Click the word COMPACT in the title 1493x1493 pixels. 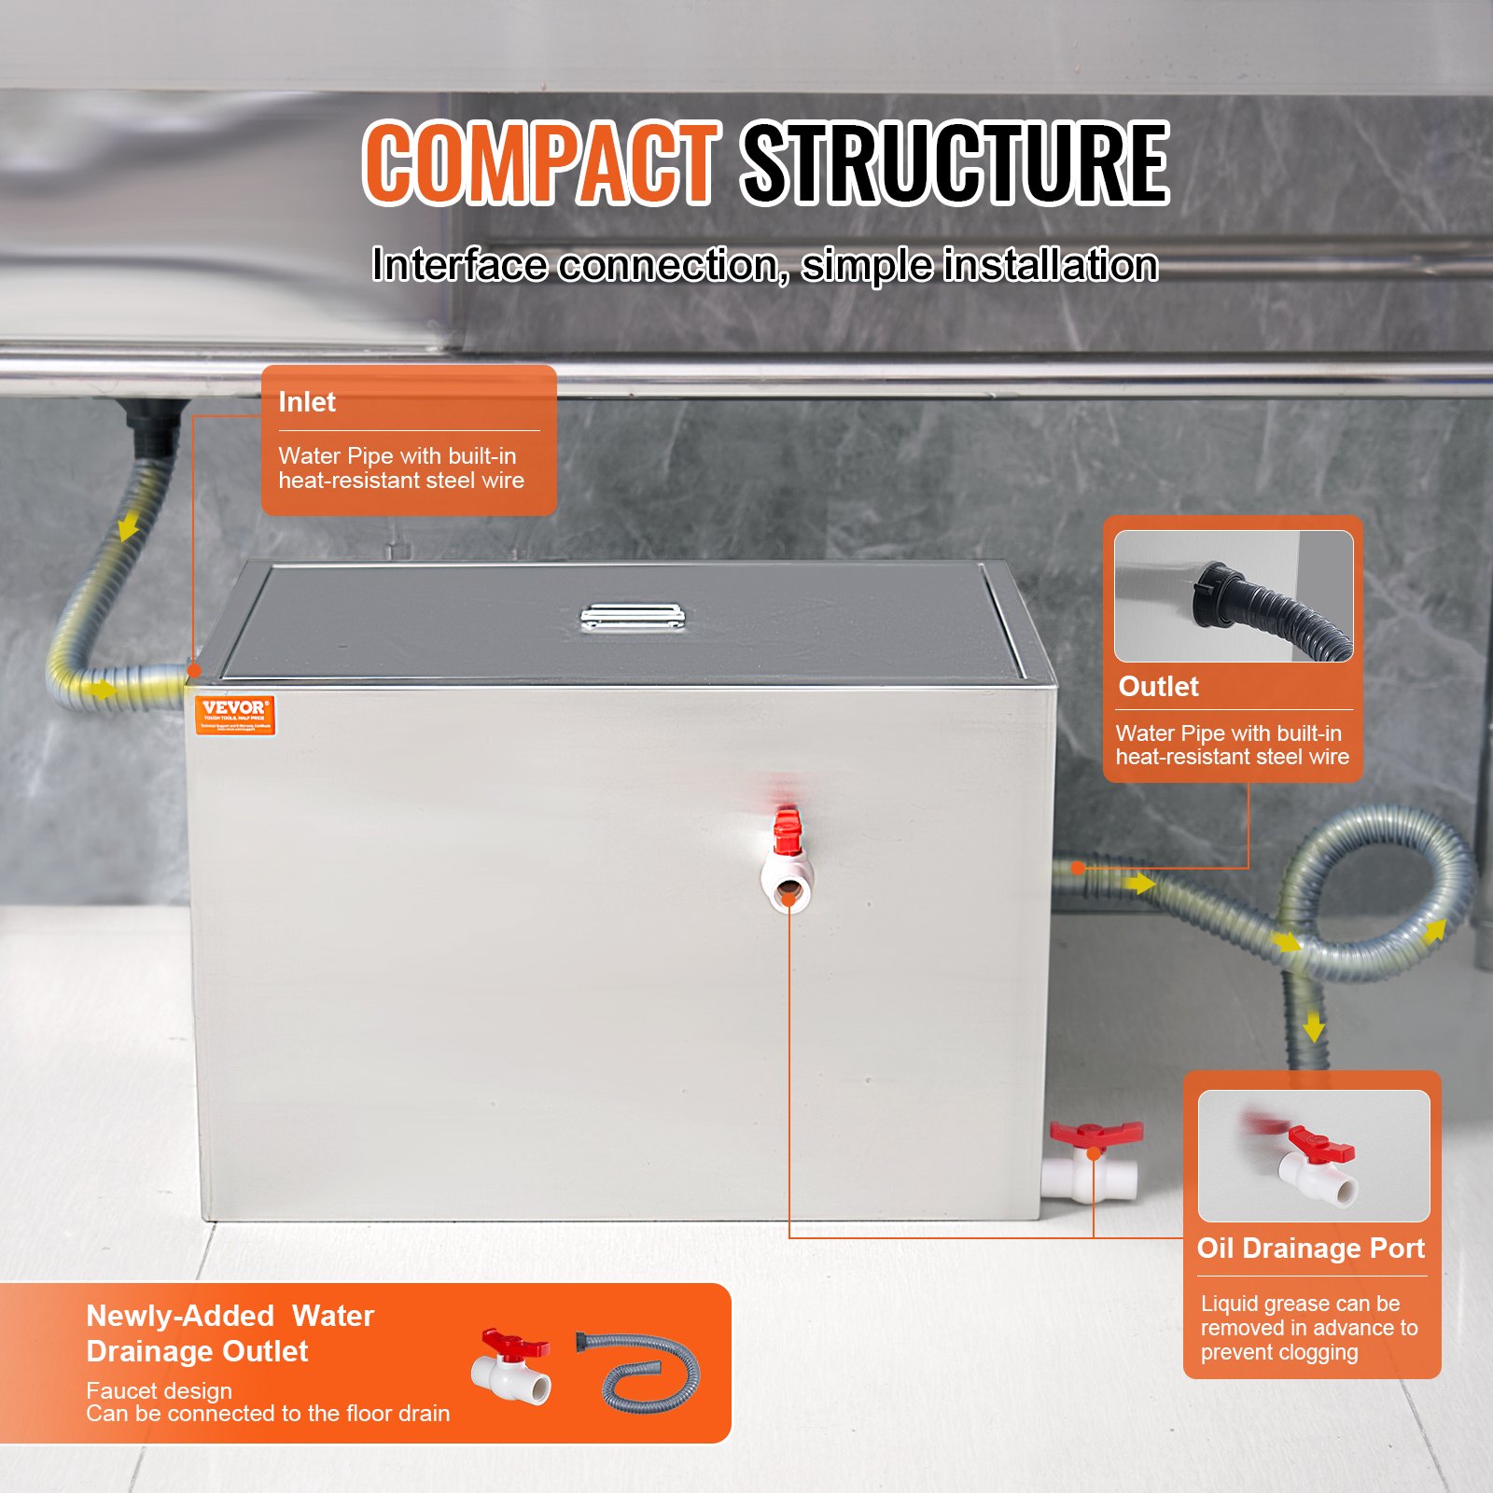[x=541, y=163]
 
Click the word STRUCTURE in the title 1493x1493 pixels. [x=954, y=163]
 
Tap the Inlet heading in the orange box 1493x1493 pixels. [x=307, y=402]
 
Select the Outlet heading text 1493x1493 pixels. [x=1158, y=687]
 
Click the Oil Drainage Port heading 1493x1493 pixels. [x=1310, y=1249]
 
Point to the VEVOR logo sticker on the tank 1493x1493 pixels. [x=235, y=715]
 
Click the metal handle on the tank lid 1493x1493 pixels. [x=633, y=617]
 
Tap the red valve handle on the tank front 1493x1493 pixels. [x=788, y=830]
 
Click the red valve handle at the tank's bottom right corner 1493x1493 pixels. [x=1095, y=1134]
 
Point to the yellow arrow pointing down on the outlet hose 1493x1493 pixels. [x=1314, y=1026]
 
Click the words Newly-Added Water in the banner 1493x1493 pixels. [x=230, y=1316]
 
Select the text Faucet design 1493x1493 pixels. [x=159, y=1390]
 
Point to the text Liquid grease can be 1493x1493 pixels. [x=1300, y=1304]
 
